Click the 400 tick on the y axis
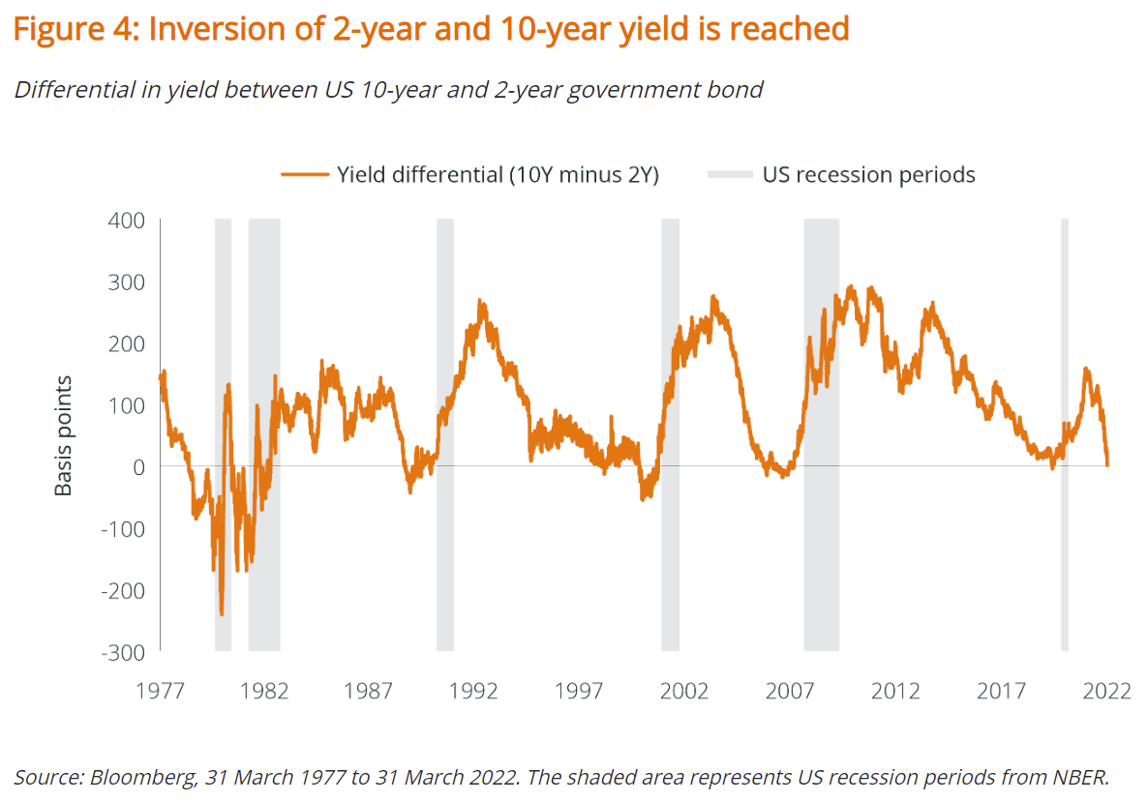(x=125, y=221)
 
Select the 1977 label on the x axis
(x=160, y=691)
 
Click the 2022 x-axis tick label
(x=1106, y=691)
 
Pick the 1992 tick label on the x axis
(x=474, y=691)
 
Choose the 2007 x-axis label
(x=790, y=691)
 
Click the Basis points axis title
(x=64, y=437)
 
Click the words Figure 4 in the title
(x=72, y=29)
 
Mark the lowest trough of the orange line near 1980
(x=222, y=614)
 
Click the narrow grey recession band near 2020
(x=1065, y=435)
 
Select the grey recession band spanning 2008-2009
(x=821, y=435)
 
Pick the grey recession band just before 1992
(x=444, y=435)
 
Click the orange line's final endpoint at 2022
(x=1107, y=465)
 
